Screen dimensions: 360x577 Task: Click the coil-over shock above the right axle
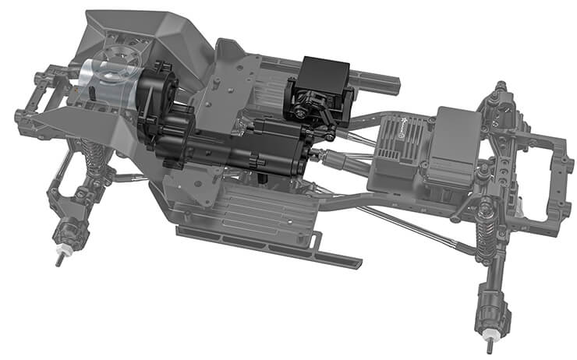point(487,230)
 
